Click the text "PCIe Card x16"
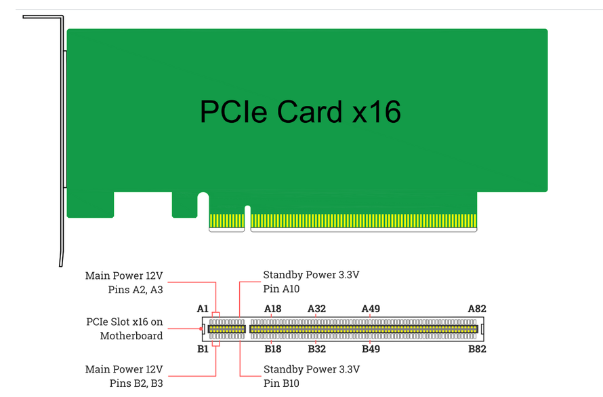point(300,111)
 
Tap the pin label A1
point(203,309)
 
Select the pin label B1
point(203,349)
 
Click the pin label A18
point(272,309)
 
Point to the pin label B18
point(272,349)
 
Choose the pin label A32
point(316,309)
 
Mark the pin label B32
point(316,349)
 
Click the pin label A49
point(371,309)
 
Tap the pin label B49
point(371,349)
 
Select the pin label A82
point(477,309)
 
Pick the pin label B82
point(477,349)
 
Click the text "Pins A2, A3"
point(135,290)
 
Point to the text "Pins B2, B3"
point(135,383)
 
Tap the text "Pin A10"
point(280,289)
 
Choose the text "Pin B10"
point(280,383)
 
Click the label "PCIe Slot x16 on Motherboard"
point(125,329)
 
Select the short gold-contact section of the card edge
point(226,221)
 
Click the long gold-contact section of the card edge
point(364,221)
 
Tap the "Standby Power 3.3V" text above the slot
point(311,275)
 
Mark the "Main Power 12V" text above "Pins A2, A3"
point(124,276)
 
